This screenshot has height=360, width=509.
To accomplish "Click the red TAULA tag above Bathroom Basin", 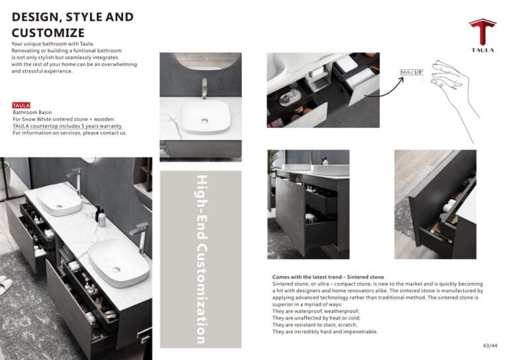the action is pyautogui.click(x=21, y=105).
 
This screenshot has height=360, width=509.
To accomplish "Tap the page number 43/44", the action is pyautogui.click(x=490, y=345).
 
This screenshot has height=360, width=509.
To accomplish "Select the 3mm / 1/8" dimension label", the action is pyautogui.click(x=412, y=72).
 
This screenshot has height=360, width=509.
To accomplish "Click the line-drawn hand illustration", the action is pyautogui.click(x=455, y=97).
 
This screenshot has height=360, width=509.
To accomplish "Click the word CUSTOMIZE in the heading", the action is pyautogui.click(x=48, y=32).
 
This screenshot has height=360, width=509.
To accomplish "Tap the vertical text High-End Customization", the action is pyautogui.click(x=201, y=259).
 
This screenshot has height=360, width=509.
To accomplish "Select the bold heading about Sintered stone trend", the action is pyautogui.click(x=328, y=277).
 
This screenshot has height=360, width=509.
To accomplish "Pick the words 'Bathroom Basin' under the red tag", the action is pyautogui.click(x=32, y=112).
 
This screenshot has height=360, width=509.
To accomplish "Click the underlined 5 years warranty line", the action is pyautogui.click(x=68, y=126).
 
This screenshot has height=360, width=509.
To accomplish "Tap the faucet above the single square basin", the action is pyautogui.click(x=204, y=88).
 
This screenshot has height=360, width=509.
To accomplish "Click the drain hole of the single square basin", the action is pyautogui.click(x=205, y=121).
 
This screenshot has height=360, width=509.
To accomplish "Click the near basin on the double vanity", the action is pyautogui.click(x=119, y=263).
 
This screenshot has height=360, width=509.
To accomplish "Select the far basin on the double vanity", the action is pyautogui.click(x=60, y=200).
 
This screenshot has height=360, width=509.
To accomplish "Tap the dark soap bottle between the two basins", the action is pyautogui.click(x=98, y=213).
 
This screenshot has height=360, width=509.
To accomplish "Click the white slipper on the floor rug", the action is pyautogui.click(x=5, y=285).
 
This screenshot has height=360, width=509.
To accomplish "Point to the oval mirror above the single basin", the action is pyautogui.click(x=207, y=61).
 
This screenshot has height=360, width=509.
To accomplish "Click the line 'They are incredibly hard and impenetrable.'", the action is pyautogui.click(x=325, y=331).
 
